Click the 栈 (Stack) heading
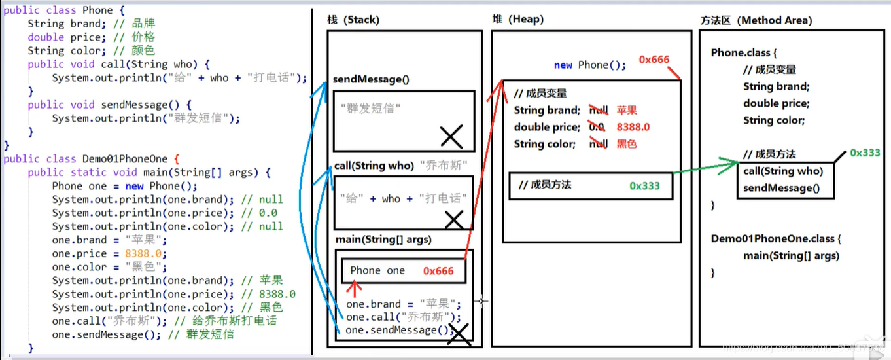tap(353, 20)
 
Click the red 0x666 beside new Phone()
tap(654, 60)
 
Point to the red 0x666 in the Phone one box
tap(438, 271)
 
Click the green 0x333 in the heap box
tap(644, 186)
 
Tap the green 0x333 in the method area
tap(865, 153)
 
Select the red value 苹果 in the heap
tap(627, 111)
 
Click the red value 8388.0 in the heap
tap(633, 128)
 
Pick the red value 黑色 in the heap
tap(627, 145)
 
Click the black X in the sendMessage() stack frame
tap(451, 137)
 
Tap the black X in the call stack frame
tap(453, 219)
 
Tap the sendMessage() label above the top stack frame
tap(370, 80)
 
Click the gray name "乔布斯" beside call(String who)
tap(441, 166)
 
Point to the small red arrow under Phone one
tap(355, 286)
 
